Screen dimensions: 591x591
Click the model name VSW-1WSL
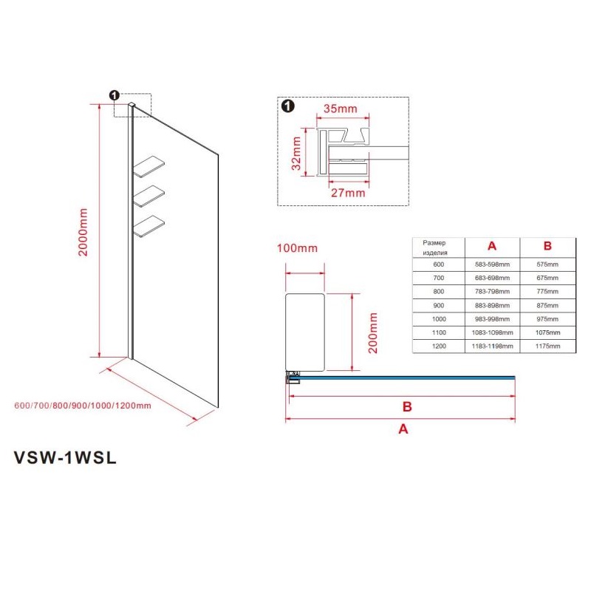[x=65, y=458]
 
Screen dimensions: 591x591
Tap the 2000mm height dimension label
[x=83, y=232]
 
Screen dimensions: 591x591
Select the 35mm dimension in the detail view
[x=340, y=109]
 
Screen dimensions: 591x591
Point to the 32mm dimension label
[x=296, y=154]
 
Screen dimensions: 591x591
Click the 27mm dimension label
[x=348, y=193]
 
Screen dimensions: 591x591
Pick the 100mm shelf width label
[x=297, y=248]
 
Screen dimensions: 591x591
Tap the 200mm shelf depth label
[x=372, y=332]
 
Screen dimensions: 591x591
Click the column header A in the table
[x=492, y=246]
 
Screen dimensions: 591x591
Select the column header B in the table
[x=547, y=246]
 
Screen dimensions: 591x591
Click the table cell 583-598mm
[x=492, y=264]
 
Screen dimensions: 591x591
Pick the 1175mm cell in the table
[x=547, y=346]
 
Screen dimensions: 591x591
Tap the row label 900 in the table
[x=439, y=305]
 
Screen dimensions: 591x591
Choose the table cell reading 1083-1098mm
[x=492, y=332]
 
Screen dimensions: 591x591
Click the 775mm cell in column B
[x=547, y=291]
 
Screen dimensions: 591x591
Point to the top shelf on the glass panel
[x=149, y=166]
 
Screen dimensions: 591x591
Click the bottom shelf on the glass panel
[x=149, y=226]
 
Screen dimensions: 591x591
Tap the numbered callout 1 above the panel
[x=115, y=95]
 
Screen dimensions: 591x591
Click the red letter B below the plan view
[x=407, y=407]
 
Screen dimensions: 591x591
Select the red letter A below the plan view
[x=403, y=429]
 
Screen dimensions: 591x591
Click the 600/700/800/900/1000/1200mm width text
[x=83, y=406]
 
